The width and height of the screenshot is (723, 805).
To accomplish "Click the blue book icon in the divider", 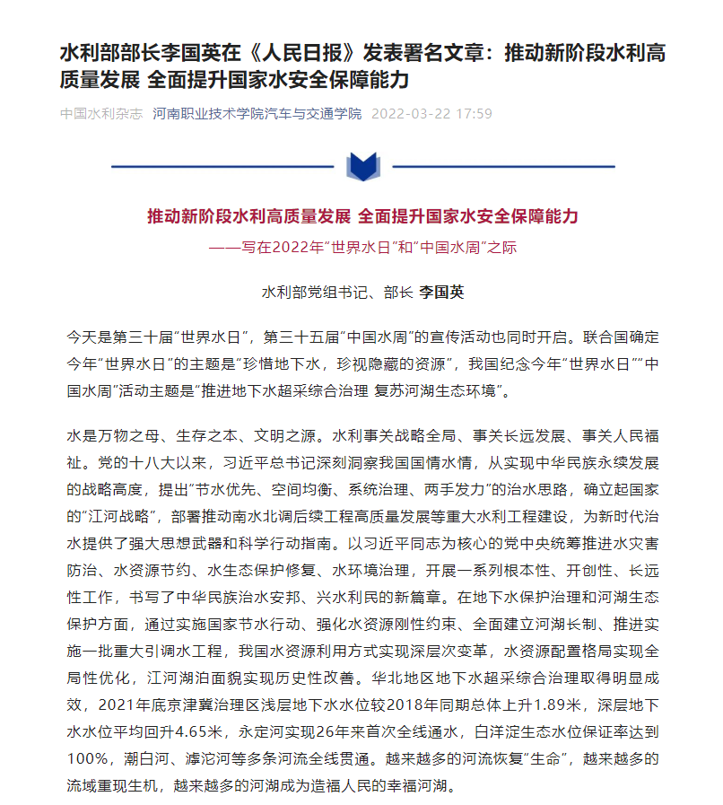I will pos(361,167).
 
